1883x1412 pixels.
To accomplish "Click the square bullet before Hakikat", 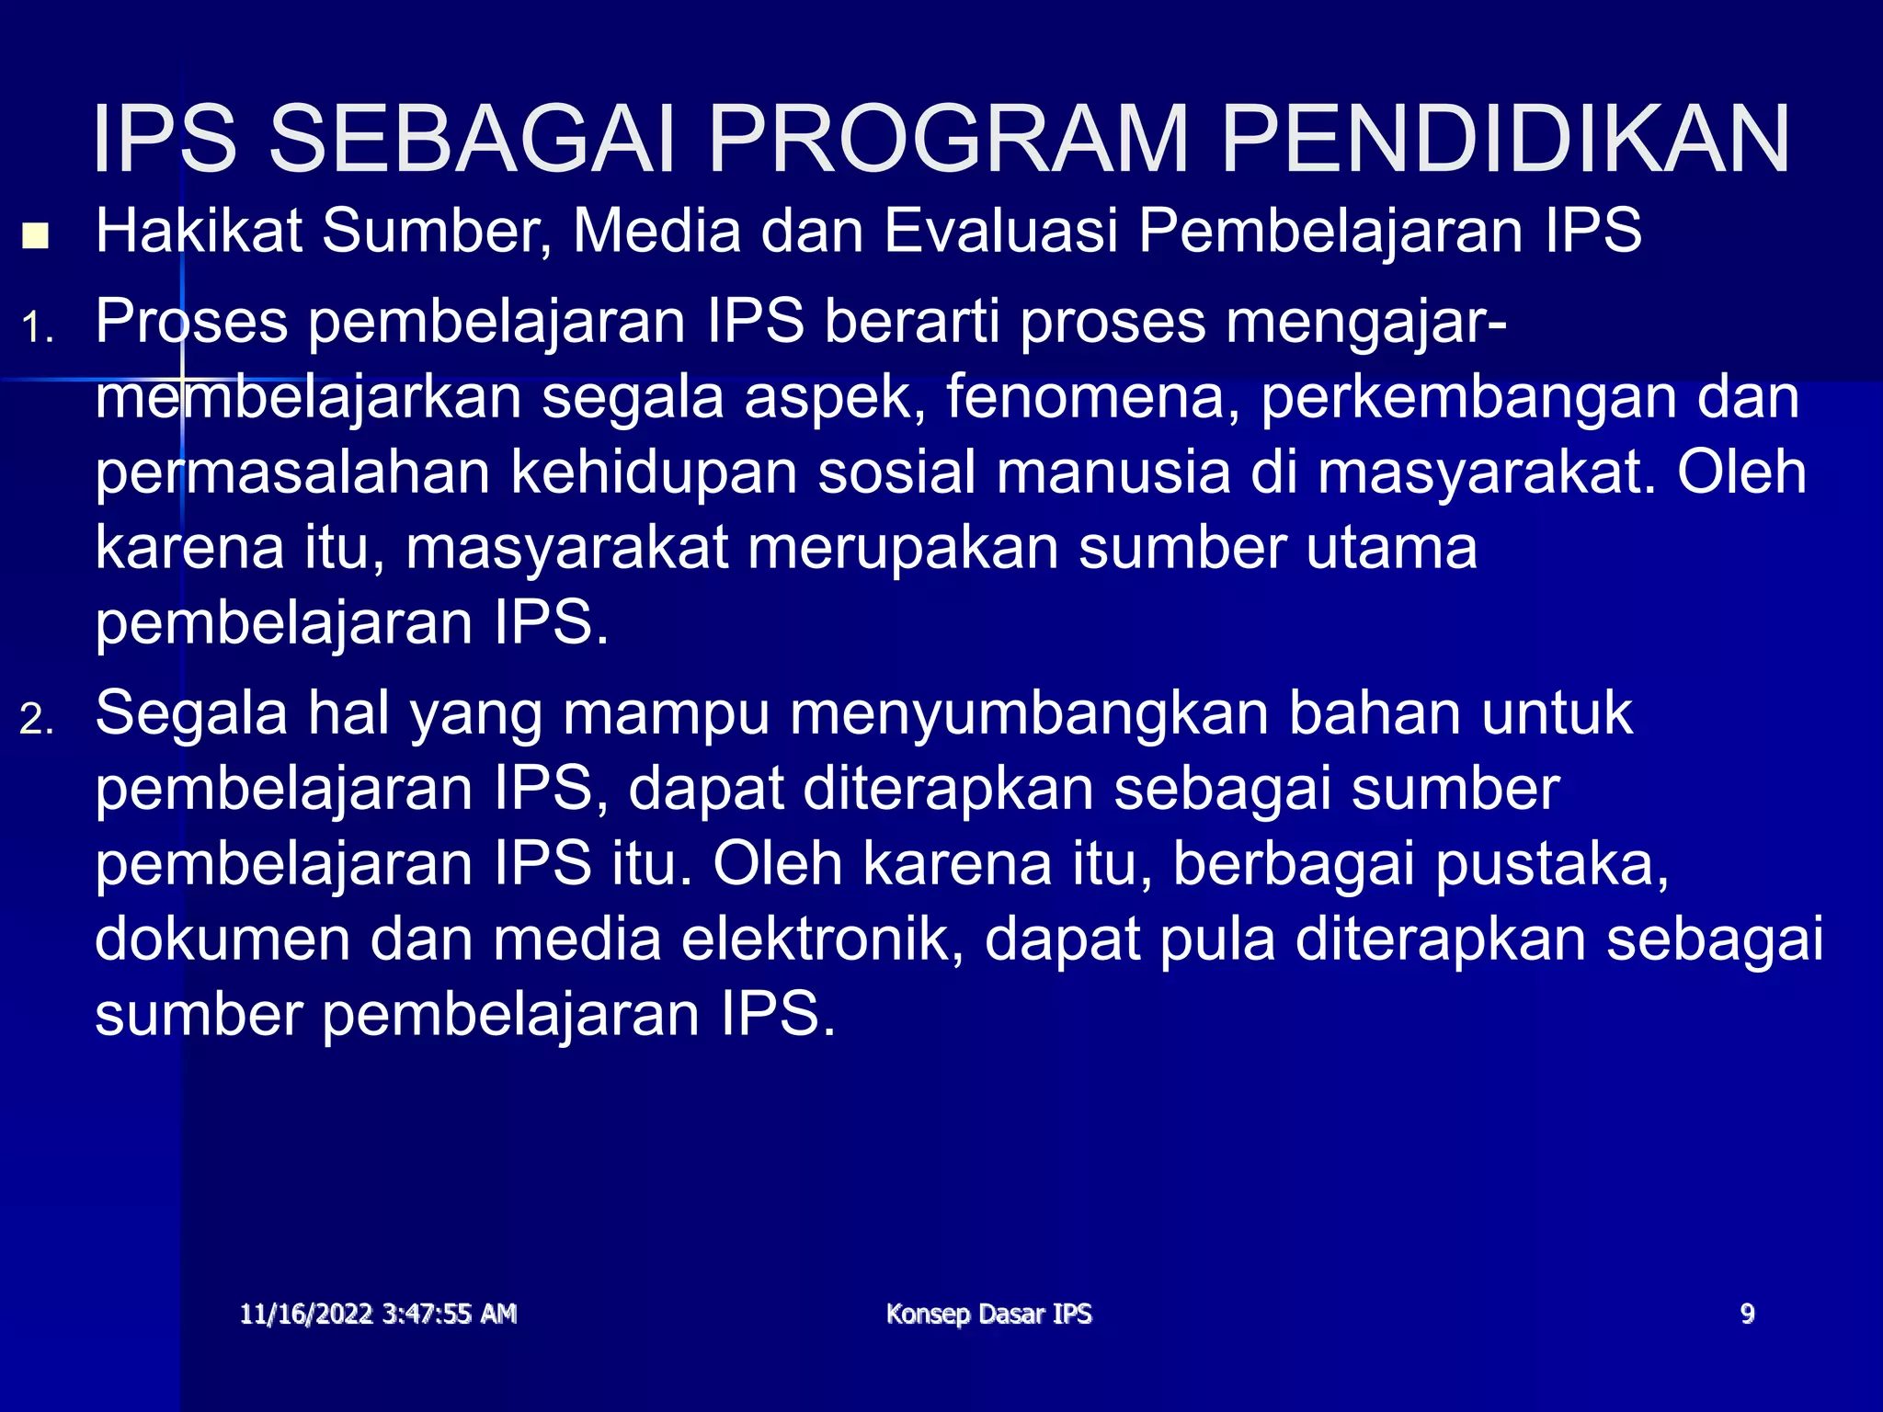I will [36, 236].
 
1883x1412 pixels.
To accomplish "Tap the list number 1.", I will [37, 329].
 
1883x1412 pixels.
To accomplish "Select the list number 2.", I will [37, 720].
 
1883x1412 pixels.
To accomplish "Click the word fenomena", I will [1092, 397].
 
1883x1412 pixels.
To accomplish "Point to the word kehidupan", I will [653, 474].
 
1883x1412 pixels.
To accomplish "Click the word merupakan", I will [903, 550].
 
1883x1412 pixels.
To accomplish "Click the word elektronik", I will [821, 939].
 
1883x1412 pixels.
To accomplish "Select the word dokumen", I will [223, 939].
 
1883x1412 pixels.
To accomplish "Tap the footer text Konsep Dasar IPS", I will [988, 1314].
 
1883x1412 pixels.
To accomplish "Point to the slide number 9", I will [1747, 1314].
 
